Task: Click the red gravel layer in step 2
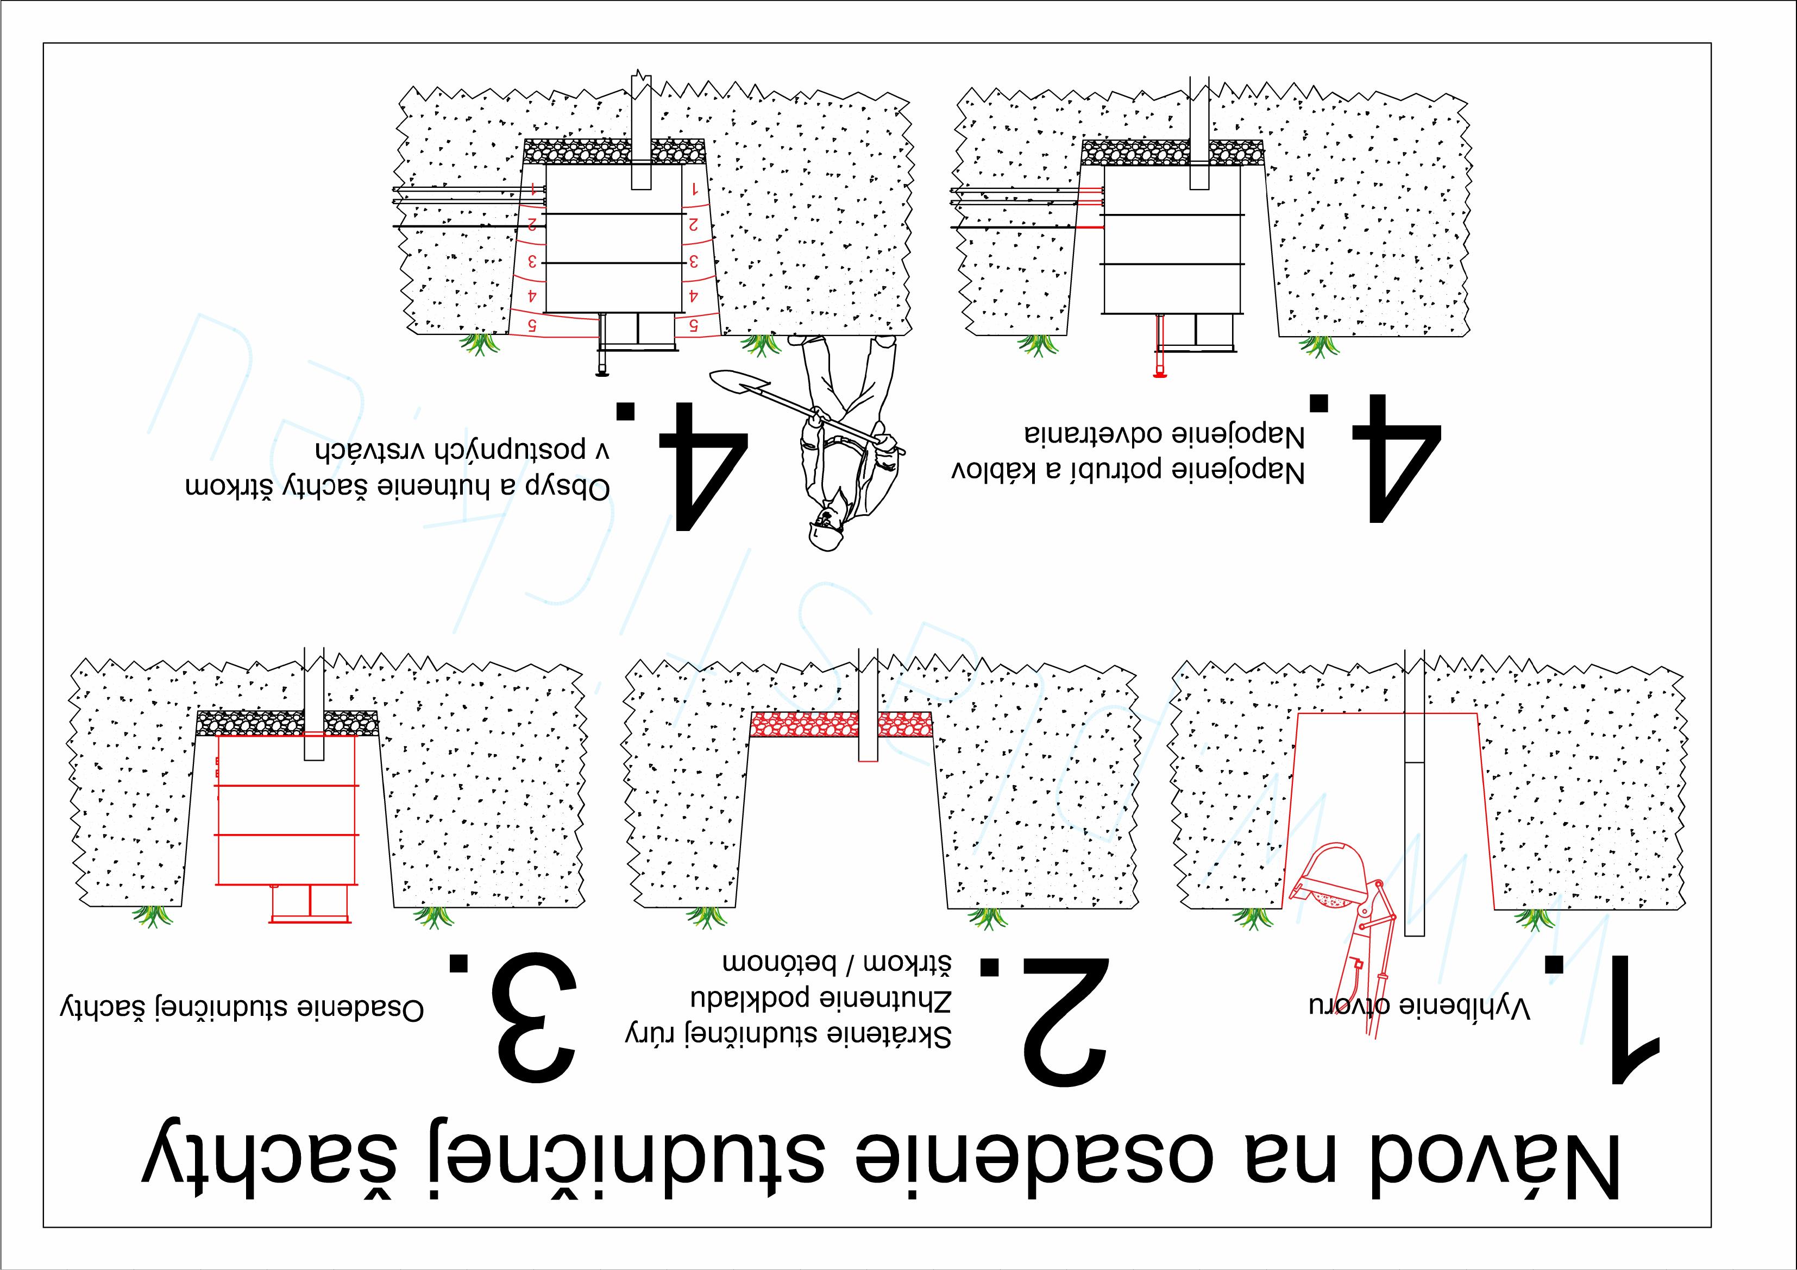[x=841, y=724]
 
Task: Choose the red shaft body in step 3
[x=286, y=810]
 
